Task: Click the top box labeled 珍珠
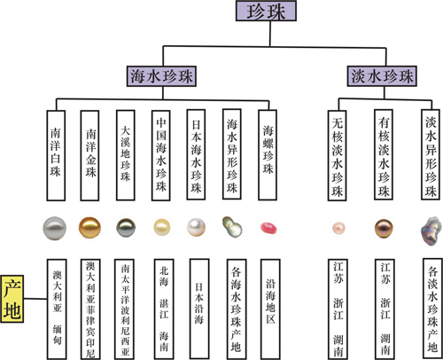[266, 11]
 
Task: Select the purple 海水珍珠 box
[161, 76]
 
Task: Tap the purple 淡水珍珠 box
[382, 76]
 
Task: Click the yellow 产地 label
[12, 299]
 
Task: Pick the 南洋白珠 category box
[56, 155]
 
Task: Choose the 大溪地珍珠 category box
[126, 155]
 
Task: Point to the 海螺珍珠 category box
[268, 155]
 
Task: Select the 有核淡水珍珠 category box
[384, 155]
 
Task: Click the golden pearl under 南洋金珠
[89, 228]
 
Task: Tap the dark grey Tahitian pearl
[126, 228]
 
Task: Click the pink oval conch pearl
[268, 228]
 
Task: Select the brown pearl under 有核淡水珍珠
[384, 229]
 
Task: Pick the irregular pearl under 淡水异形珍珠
[431, 231]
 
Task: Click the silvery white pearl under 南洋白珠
[55, 228]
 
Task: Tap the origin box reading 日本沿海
[199, 309]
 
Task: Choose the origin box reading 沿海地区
[270, 309]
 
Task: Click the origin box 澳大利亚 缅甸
[57, 309]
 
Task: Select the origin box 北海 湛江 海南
[164, 309]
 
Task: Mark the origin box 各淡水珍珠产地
[432, 309]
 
